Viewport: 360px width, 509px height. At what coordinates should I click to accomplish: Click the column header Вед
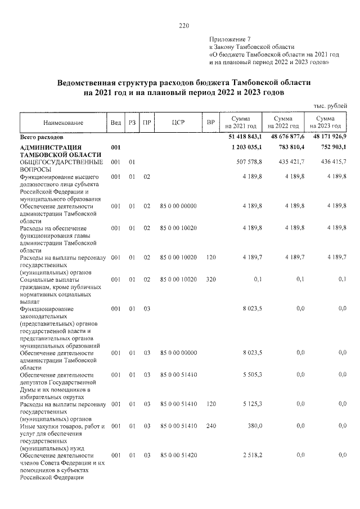point(116,123)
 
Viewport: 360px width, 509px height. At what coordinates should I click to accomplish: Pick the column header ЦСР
point(178,123)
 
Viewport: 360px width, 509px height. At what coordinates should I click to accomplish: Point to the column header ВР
point(211,123)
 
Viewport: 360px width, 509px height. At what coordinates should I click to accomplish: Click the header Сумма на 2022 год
point(283,123)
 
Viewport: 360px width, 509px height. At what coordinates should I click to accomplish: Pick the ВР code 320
point(211,279)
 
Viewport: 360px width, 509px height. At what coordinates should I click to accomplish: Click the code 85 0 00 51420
point(178,454)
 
